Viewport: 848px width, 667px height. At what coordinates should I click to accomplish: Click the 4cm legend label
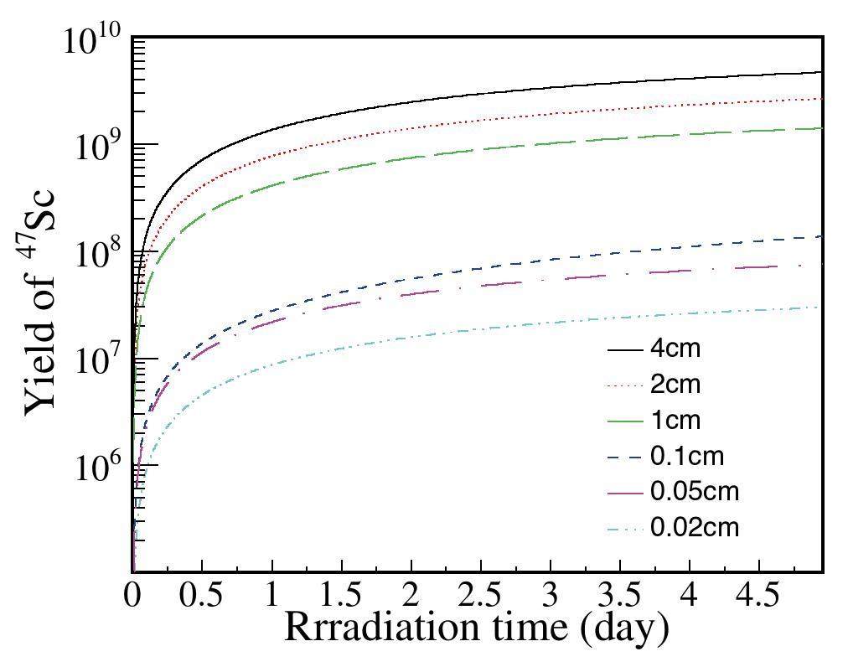pyautogui.click(x=675, y=349)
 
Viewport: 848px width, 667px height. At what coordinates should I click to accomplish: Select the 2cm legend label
pyautogui.click(x=675, y=385)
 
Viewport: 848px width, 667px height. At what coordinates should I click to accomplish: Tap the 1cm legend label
pyautogui.click(x=675, y=420)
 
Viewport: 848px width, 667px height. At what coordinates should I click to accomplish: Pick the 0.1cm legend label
pyautogui.click(x=686, y=456)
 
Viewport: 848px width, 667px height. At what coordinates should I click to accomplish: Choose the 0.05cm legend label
pyautogui.click(x=695, y=491)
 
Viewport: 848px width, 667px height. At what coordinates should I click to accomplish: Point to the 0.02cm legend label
pyautogui.click(x=695, y=527)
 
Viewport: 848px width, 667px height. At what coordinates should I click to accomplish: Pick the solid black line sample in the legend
pyautogui.click(x=625, y=349)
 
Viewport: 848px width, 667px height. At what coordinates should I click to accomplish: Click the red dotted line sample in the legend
pyautogui.click(x=625, y=385)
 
